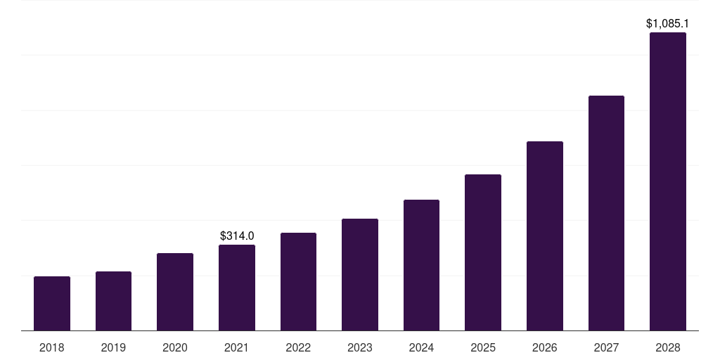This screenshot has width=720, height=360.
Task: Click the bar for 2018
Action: coord(52,303)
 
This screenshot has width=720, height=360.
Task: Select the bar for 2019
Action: coord(113,301)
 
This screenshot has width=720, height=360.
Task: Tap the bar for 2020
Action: coord(175,292)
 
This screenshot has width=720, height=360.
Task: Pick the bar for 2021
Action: coord(237,288)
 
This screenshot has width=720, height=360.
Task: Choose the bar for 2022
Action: coord(298,281)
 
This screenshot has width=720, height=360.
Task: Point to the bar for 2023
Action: coord(360,274)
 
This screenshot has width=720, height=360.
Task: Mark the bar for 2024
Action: coord(421,265)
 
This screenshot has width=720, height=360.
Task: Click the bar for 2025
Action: coord(483,252)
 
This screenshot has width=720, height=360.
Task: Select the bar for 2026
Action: coord(545,236)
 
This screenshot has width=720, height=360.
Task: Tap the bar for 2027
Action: coord(606,213)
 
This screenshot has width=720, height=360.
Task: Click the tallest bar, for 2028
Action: coord(668,181)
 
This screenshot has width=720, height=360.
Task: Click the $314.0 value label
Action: coord(237,236)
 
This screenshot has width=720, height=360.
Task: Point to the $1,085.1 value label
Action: coord(667,23)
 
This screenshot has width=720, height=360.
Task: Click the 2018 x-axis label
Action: coord(52,347)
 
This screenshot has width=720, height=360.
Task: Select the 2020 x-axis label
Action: coord(175,347)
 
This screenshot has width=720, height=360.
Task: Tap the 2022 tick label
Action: coord(298,347)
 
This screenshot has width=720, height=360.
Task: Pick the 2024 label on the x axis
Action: coord(421,347)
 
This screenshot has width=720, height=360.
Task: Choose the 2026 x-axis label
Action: coord(545,347)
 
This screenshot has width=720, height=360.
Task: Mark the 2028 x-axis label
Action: coord(668,347)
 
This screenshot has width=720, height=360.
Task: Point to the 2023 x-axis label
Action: coord(360,347)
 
